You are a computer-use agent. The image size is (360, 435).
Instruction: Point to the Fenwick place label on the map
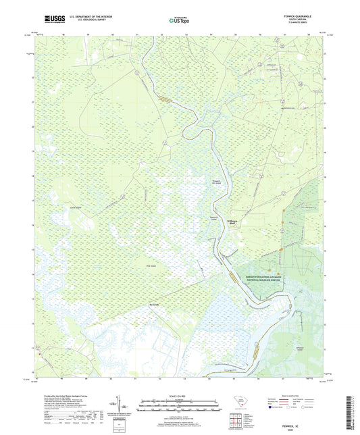point(156,305)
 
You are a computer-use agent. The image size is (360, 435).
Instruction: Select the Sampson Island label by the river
point(213,218)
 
